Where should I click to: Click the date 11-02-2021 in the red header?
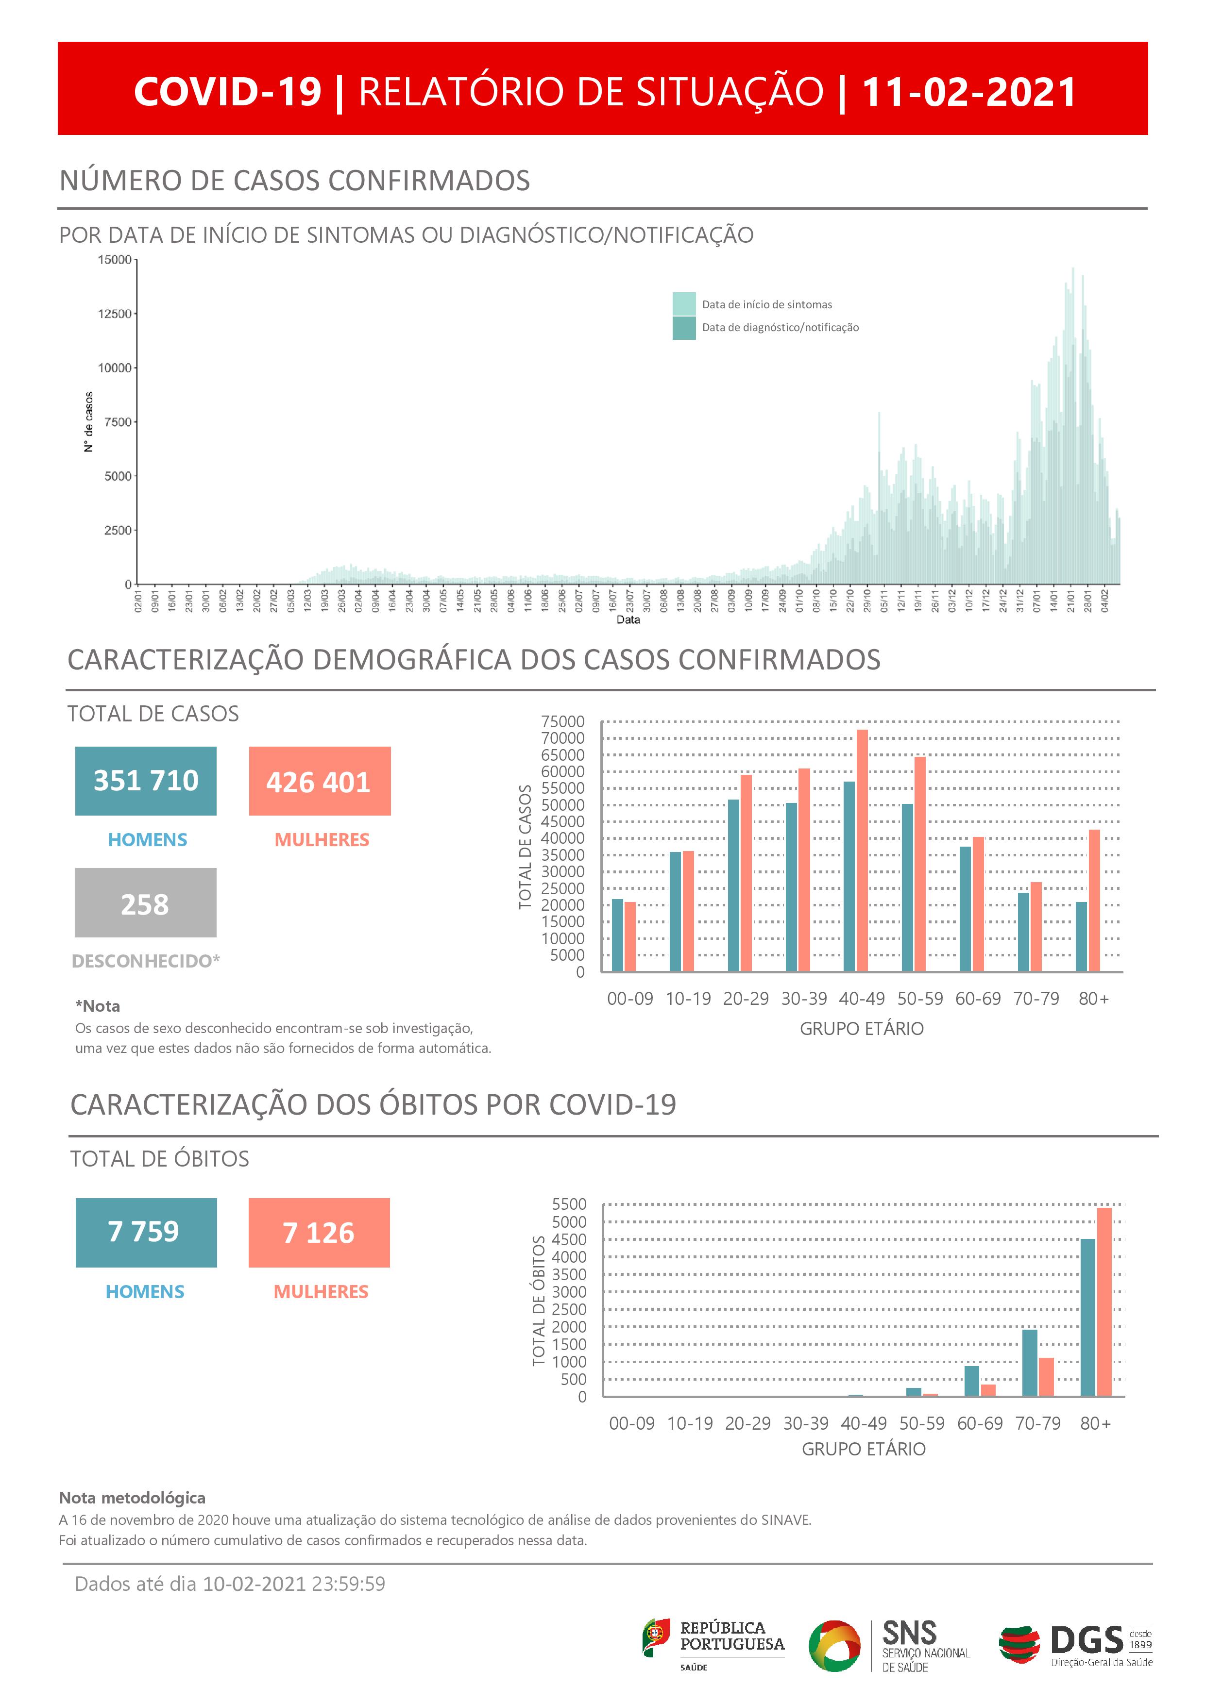point(968,92)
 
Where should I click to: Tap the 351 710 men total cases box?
point(145,781)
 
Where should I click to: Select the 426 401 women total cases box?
point(319,781)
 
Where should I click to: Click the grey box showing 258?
point(145,902)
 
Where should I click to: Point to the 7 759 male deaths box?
point(146,1232)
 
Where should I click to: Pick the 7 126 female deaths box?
point(319,1232)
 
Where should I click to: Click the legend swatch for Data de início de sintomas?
point(683,304)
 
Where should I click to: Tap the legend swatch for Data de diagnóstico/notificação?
point(683,328)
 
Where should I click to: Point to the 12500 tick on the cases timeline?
point(114,314)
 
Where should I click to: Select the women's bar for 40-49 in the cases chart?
point(862,850)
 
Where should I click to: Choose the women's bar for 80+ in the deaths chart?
point(1104,1302)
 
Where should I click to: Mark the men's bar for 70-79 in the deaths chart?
point(1030,1363)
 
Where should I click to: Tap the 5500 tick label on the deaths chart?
point(569,1204)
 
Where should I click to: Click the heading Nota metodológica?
point(132,1498)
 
